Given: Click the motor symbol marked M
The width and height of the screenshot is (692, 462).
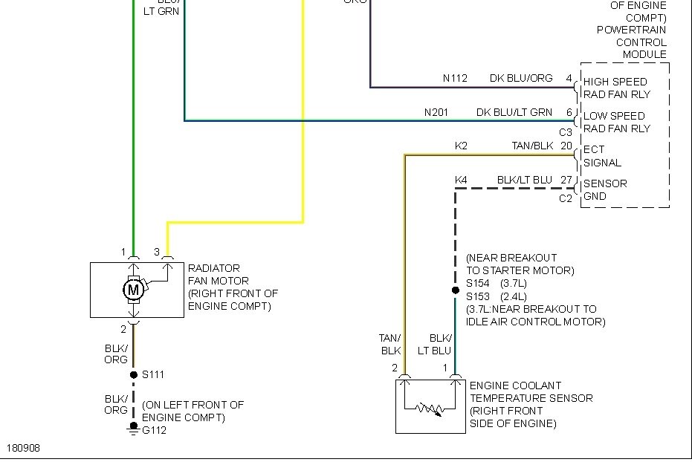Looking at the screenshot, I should click(x=134, y=290).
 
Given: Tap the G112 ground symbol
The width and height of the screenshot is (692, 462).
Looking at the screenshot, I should click(x=134, y=428).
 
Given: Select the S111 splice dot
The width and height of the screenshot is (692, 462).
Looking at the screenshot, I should click(x=134, y=374).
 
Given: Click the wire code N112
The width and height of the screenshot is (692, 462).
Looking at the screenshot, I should click(x=455, y=78).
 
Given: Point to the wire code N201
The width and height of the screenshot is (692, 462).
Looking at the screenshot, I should click(x=437, y=112).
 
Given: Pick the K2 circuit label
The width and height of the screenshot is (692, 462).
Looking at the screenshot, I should click(x=461, y=146).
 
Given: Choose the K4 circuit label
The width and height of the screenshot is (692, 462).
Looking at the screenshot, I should click(x=461, y=180).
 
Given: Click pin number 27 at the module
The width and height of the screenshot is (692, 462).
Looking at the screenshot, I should click(x=566, y=180).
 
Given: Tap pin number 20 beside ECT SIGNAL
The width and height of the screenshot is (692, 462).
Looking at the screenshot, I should click(x=566, y=146).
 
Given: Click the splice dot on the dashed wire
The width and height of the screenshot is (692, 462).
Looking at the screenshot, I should click(x=456, y=290).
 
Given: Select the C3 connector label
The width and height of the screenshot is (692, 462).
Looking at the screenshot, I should click(x=566, y=133).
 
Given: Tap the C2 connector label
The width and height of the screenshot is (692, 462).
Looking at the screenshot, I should click(x=566, y=198).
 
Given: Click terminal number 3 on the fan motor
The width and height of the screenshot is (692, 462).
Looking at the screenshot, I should click(x=157, y=252).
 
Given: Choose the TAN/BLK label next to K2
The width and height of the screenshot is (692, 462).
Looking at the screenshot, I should click(x=532, y=146).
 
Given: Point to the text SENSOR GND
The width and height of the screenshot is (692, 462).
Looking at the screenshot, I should click(x=605, y=190).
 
